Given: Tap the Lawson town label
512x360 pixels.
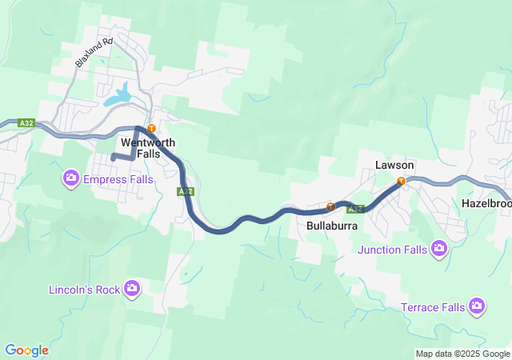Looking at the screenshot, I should tap(394, 166).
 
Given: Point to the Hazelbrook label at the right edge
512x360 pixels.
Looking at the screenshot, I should tap(486, 204).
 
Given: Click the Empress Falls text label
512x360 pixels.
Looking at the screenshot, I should tap(118, 179).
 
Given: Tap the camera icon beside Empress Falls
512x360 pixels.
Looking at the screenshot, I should tap(71, 177).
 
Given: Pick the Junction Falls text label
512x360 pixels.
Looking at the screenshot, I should tap(393, 250).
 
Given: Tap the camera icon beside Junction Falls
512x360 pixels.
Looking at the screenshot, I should tap(438, 249).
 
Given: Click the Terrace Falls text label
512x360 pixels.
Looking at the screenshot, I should tap(431, 307).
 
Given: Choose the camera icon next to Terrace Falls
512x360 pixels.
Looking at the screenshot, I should tap(477, 306).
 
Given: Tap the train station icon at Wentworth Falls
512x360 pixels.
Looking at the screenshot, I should tap(150, 128).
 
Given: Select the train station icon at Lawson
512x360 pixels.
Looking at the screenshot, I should tap(401, 181).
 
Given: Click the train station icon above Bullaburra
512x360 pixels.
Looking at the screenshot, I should tap(330, 207).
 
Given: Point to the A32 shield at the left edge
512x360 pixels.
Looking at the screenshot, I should tap(27, 123).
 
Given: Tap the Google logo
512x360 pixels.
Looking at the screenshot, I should tap(26, 350).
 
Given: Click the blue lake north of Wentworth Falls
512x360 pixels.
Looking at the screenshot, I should tap(122, 95).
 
